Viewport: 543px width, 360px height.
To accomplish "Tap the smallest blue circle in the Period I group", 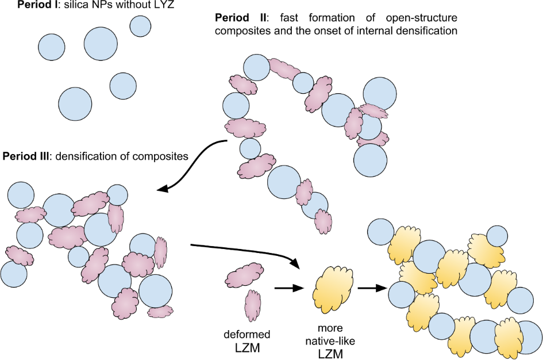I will pyautogui.click(x=140, y=25).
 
